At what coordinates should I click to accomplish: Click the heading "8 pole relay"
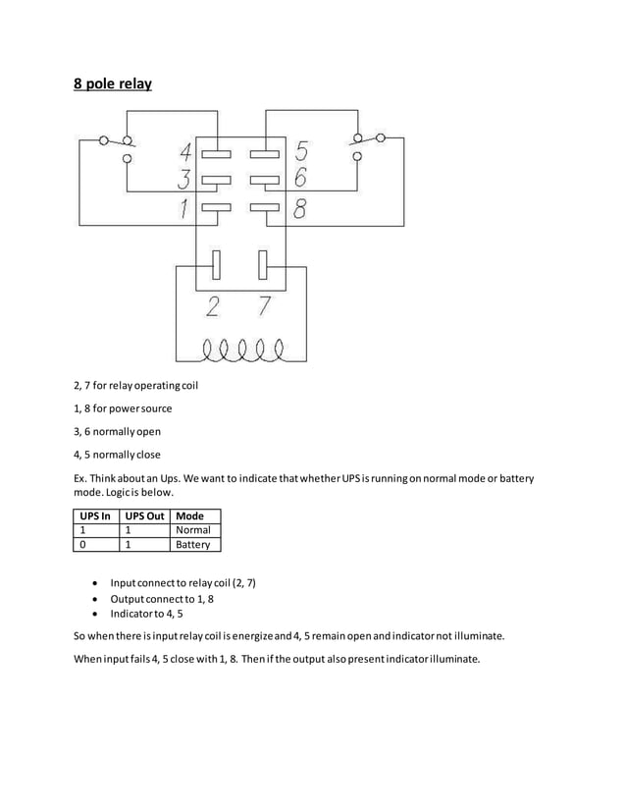(113, 84)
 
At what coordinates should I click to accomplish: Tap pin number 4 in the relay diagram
(184, 153)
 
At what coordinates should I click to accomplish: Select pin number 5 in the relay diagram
(300, 152)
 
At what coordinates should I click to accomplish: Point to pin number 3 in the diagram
(183, 180)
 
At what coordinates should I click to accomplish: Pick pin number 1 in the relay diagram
(183, 207)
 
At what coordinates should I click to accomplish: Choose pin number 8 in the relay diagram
(300, 207)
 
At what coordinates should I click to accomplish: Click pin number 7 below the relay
(264, 307)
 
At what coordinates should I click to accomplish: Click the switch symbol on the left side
(116, 146)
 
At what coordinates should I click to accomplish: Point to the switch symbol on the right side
(367, 144)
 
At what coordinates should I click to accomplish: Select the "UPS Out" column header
(143, 515)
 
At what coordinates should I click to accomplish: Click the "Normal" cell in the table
(192, 530)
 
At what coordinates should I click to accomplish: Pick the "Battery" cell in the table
(192, 544)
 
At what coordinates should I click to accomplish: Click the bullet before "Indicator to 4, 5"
(94, 613)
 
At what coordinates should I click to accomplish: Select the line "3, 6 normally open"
(117, 431)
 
